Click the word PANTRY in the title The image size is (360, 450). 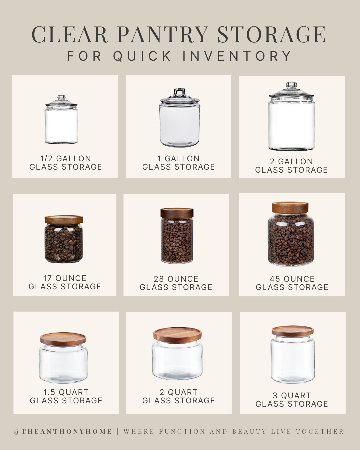(162, 34)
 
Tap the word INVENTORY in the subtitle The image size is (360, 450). (237, 56)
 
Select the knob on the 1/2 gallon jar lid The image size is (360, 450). (61, 98)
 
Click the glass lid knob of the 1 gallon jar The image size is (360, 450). (179, 92)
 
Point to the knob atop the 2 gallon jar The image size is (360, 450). (291, 85)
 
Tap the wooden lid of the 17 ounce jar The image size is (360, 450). (64, 219)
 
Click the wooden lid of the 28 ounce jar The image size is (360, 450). (177, 213)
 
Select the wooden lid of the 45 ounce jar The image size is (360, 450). (290, 207)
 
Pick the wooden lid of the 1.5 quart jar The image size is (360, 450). (63, 338)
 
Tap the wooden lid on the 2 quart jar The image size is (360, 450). (177, 334)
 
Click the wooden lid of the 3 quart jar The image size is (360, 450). (292, 331)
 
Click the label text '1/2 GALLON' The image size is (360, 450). (66, 159)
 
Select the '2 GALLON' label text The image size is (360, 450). (291, 162)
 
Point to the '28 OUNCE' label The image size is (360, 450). (176, 279)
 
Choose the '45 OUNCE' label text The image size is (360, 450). (292, 279)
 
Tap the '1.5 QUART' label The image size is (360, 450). (66, 392)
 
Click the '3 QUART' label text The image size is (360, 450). (292, 396)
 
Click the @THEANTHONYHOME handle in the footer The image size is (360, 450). (63, 432)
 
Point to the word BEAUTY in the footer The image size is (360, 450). (249, 432)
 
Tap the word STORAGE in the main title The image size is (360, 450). (272, 34)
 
